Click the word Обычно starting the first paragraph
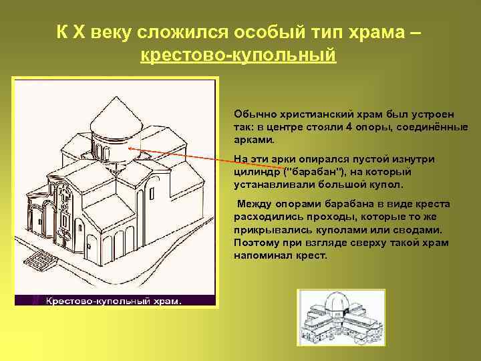[252, 112]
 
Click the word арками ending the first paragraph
[254, 141]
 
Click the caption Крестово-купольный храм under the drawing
[113, 302]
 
